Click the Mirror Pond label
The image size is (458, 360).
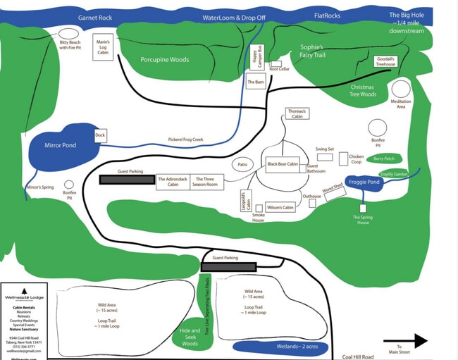(x=60, y=145)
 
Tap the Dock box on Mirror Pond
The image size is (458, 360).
(x=100, y=135)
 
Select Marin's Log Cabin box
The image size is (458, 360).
(x=103, y=49)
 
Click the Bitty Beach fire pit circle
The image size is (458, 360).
(x=68, y=33)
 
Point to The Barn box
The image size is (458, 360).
(x=255, y=82)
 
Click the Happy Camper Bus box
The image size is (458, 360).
(x=256, y=57)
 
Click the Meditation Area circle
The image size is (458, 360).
(x=401, y=89)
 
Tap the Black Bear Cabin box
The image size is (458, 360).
(x=283, y=164)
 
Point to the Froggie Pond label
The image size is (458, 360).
(x=364, y=182)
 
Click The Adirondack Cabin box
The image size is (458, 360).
(x=172, y=182)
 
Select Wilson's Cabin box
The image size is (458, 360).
(x=280, y=207)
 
